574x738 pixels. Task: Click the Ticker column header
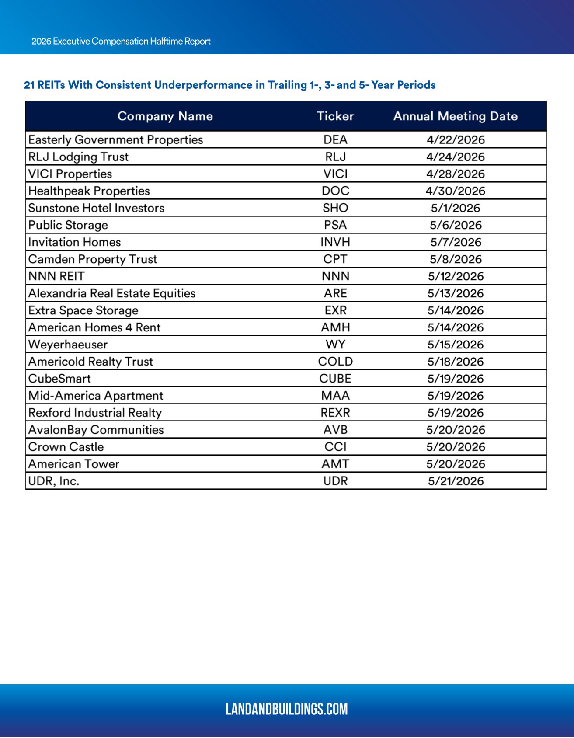(335, 116)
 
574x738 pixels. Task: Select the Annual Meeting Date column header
(456, 116)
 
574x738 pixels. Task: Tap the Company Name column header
(165, 116)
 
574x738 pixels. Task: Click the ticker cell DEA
(335, 140)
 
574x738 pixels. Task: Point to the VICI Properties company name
(70, 174)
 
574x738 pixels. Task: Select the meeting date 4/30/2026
(456, 191)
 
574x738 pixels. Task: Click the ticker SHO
(335, 208)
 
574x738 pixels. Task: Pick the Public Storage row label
(68, 225)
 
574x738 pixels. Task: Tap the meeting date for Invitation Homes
(456, 242)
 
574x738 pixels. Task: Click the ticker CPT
(335, 259)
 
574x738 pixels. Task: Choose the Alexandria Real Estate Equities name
(112, 293)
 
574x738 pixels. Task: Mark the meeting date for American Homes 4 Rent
(456, 327)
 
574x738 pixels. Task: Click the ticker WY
(335, 345)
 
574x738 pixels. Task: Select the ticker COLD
(335, 362)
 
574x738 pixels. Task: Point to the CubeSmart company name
(59, 379)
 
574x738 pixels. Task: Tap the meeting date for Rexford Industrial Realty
(456, 413)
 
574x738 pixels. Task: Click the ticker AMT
(335, 464)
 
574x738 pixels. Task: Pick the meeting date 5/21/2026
(456, 481)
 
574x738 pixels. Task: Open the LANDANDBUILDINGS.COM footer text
(287, 709)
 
